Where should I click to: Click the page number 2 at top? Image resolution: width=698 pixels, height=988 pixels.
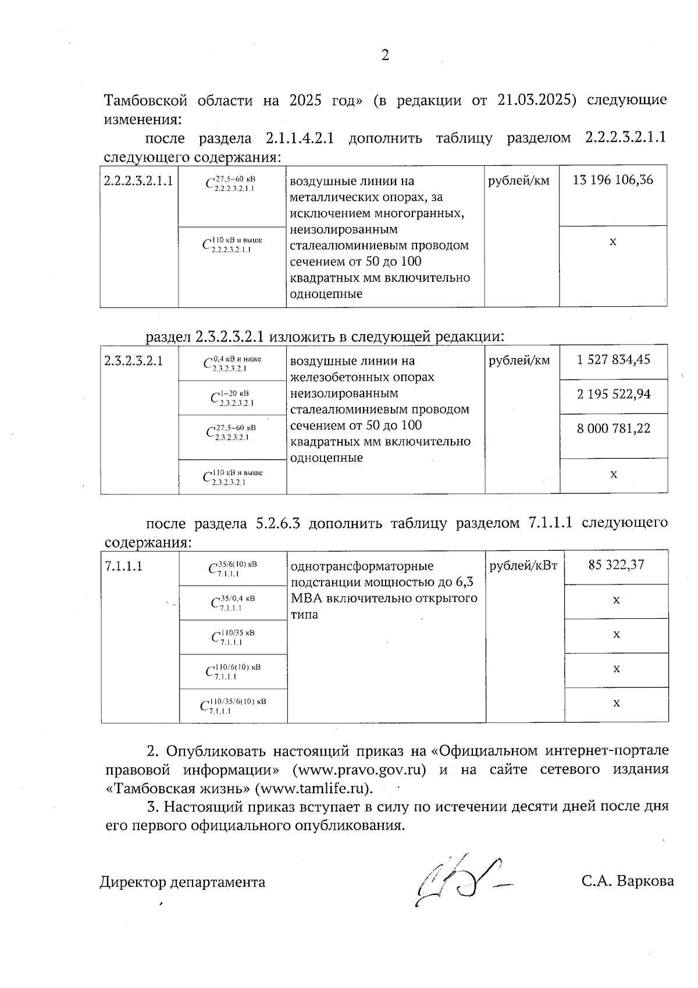pyautogui.click(x=384, y=56)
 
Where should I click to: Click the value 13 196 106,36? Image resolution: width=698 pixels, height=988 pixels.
pyautogui.click(x=612, y=180)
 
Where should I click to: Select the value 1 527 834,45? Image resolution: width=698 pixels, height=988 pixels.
pyautogui.click(x=613, y=359)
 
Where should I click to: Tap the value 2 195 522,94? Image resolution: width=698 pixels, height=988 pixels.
pyautogui.click(x=613, y=394)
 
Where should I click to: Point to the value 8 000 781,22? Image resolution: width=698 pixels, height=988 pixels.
pyautogui.click(x=613, y=429)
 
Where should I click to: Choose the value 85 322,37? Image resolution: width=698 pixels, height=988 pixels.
pyautogui.click(x=616, y=564)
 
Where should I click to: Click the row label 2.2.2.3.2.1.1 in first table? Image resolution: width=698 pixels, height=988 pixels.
pyautogui.click(x=138, y=180)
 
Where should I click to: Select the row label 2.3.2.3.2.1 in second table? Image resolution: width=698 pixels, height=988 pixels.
pyautogui.click(x=133, y=360)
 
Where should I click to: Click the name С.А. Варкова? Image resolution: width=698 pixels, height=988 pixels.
pyautogui.click(x=627, y=881)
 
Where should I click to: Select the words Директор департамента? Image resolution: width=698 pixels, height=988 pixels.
pyautogui.click(x=183, y=882)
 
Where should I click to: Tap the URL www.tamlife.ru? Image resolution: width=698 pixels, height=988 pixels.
pyautogui.click(x=314, y=789)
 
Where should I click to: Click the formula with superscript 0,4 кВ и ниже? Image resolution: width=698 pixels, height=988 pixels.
pyautogui.click(x=232, y=363)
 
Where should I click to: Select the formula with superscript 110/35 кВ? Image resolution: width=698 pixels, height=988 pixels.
pyautogui.click(x=233, y=637)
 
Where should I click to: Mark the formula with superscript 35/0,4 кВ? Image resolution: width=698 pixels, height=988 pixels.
pyautogui.click(x=233, y=603)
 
